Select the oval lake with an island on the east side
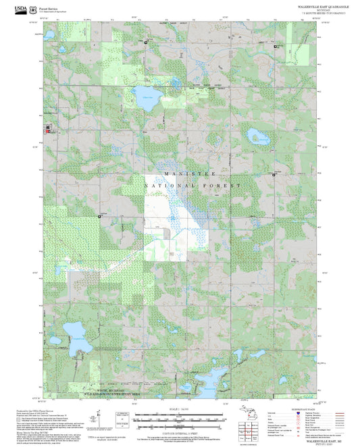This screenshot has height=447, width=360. coord(257,137)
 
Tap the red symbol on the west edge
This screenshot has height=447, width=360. coord(47,129)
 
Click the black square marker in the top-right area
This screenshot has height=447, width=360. coord(275,45)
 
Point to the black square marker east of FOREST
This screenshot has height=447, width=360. coord(273,174)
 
